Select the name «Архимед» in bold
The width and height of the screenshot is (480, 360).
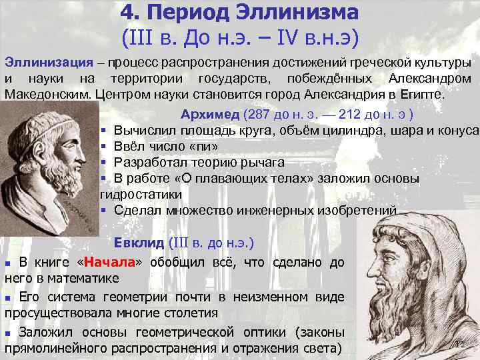(x=209, y=113)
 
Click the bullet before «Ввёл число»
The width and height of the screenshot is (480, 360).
(x=104, y=146)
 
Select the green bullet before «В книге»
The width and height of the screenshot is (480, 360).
(x=9, y=262)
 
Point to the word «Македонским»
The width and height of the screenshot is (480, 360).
(x=48, y=93)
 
